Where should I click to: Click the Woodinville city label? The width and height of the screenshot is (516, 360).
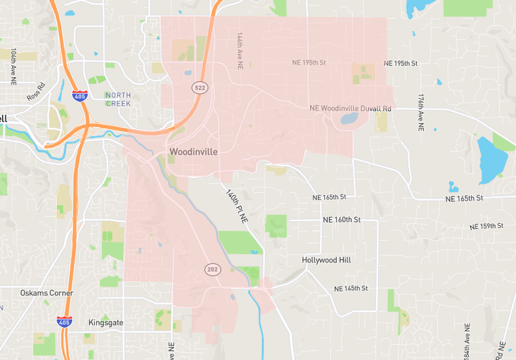[x=194, y=151]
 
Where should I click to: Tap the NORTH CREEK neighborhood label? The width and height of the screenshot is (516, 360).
[x=118, y=99]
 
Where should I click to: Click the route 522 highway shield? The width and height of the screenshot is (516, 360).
[x=199, y=87]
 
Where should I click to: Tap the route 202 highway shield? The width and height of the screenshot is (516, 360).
[x=213, y=269]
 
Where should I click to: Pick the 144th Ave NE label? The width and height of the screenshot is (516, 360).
[x=240, y=50]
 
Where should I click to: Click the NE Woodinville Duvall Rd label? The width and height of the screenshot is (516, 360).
[x=351, y=108]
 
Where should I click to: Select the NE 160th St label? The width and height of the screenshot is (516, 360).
[x=341, y=221]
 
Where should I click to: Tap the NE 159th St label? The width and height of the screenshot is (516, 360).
[x=487, y=226]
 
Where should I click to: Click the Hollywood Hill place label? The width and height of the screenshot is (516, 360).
[x=326, y=260]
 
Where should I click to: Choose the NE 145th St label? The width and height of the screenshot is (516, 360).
[x=351, y=289]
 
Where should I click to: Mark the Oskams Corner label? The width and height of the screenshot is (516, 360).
[x=46, y=293]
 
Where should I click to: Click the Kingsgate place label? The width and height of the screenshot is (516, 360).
[x=106, y=323]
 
